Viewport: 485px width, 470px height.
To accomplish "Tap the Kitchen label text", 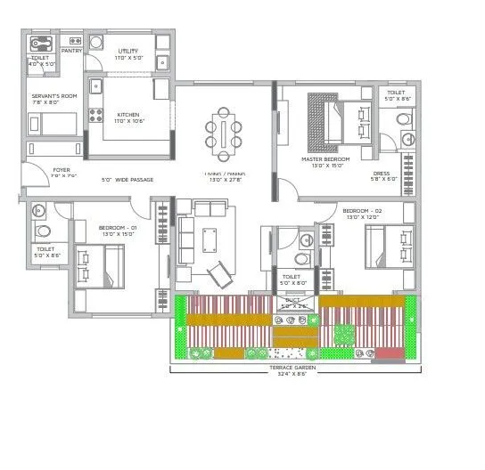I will click(128, 114).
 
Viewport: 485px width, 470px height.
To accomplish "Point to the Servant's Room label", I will click(50, 96).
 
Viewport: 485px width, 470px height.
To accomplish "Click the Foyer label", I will click(62, 169).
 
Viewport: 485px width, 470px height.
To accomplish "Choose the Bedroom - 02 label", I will click(362, 210).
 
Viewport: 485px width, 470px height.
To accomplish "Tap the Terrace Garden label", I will click(293, 367).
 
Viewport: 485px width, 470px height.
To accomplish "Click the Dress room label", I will click(381, 174).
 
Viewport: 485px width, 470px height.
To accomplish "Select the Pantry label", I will click(72, 51).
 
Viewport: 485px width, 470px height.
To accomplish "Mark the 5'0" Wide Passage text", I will click(127, 180).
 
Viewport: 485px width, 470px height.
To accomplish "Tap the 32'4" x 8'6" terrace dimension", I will click(293, 374).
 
